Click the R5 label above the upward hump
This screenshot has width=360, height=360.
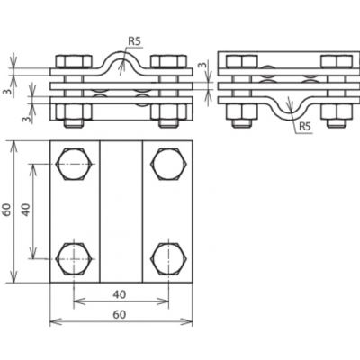click(134, 41)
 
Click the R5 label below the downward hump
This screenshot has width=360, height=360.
click(304, 127)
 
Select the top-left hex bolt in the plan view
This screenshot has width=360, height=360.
click(74, 164)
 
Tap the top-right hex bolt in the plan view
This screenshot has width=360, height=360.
click(169, 164)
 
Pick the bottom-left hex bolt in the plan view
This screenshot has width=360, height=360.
click(74, 259)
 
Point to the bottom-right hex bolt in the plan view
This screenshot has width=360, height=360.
click(169, 259)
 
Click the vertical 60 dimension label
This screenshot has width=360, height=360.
click(8, 210)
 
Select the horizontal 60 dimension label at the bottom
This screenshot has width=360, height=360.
click(120, 315)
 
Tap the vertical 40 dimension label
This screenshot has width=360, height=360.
click(26, 210)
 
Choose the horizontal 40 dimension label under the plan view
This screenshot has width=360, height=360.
click(120, 294)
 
